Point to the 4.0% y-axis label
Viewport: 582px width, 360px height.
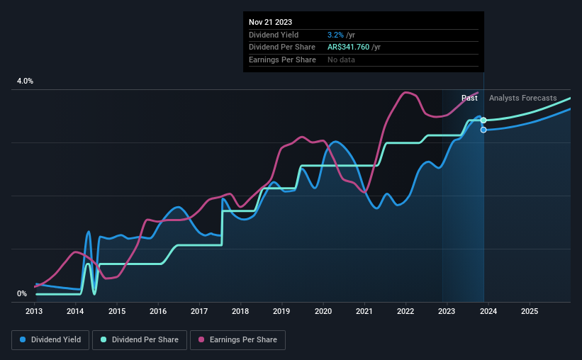pos(25,81)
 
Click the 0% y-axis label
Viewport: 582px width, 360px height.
pos(22,293)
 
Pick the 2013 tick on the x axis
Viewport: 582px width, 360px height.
pos(35,311)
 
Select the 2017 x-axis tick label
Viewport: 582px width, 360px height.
pos(199,311)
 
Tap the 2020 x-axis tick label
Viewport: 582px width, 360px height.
pos(323,311)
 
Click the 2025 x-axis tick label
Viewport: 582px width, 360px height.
pos(529,311)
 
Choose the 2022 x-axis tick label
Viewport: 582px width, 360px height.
pos(405,311)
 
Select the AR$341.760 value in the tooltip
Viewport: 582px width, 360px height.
pos(352,47)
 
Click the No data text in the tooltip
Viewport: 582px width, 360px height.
pos(341,60)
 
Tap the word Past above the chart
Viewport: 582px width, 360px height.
pos(469,98)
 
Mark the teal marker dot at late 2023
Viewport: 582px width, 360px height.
pos(483,120)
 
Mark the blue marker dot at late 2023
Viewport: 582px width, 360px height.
pos(483,130)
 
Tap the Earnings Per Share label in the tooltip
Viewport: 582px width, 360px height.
pos(282,60)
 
